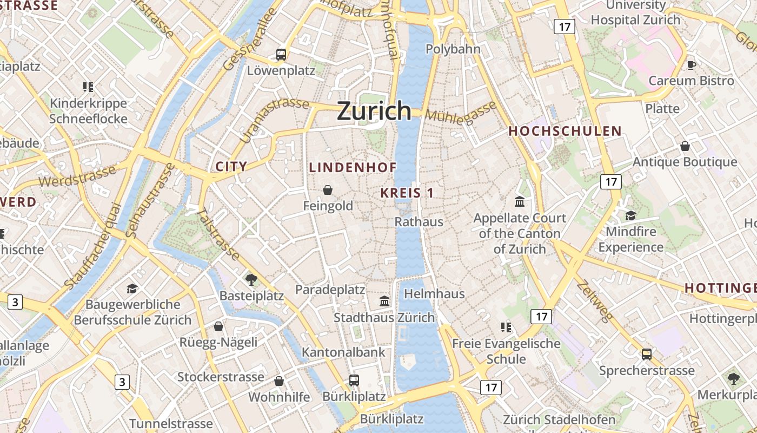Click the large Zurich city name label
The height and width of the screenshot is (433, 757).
click(x=374, y=111)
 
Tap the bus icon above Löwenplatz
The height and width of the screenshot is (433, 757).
click(x=281, y=54)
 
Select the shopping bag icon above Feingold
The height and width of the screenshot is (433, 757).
click(x=328, y=189)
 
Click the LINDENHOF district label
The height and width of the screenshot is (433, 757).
click(x=353, y=168)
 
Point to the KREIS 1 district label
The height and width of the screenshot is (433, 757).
click(x=407, y=193)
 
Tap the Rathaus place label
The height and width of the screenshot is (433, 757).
click(x=419, y=222)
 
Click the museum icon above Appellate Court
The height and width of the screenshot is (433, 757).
click(x=520, y=202)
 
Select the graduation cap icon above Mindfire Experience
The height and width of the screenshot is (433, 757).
click(x=630, y=215)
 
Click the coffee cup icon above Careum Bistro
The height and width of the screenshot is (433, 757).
click(x=691, y=65)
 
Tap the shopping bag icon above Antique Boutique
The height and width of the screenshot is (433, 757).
click(x=685, y=146)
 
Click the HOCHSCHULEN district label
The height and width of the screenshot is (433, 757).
click(x=565, y=132)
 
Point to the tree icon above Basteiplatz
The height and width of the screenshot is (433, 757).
click(x=251, y=280)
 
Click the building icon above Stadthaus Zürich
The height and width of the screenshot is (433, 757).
click(x=384, y=301)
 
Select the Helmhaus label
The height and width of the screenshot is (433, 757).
click(x=435, y=294)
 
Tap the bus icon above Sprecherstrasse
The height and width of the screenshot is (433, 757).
click(x=647, y=355)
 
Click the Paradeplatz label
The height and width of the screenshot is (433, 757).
click(x=330, y=290)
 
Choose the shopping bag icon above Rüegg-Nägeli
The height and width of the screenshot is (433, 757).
click(x=218, y=326)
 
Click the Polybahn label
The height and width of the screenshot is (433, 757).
click(x=453, y=49)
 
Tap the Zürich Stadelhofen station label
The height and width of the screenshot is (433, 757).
click(x=559, y=419)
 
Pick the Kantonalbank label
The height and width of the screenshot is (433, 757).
click(x=343, y=352)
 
